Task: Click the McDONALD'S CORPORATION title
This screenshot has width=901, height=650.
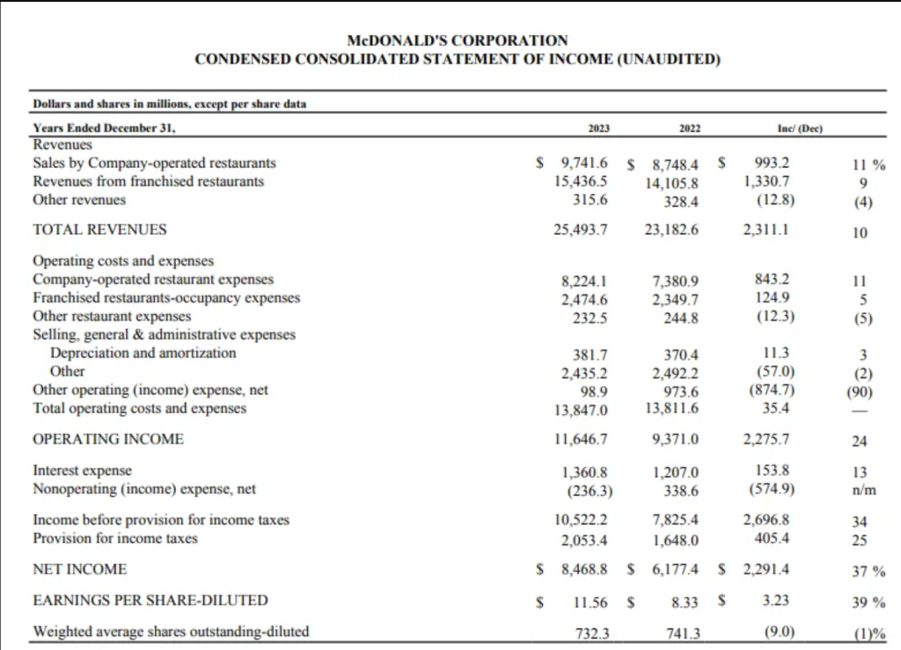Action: [x=458, y=40]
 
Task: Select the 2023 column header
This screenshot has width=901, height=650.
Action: [x=598, y=128]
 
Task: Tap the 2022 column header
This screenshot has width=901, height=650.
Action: [x=690, y=128]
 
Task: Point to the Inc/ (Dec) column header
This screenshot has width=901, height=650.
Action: [x=800, y=128]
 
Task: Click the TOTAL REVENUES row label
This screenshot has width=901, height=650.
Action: [x=100, y=230]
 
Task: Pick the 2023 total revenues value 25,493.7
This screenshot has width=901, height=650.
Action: [x=581, y=230]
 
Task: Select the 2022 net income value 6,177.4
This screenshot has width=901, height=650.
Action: [x=675, y=570]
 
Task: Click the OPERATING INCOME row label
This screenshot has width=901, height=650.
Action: [x=108, y=439]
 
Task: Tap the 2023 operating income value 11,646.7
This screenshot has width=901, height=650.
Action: [x=581, y=439]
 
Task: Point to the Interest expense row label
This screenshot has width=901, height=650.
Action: [x=82, y=471]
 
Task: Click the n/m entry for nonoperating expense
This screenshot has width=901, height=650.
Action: [x=864, y=491]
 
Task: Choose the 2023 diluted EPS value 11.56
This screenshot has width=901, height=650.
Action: [x=590, y=603]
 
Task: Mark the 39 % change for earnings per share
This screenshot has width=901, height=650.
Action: [x=868, y=603]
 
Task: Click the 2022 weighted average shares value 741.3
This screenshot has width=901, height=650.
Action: [x=683, y=633]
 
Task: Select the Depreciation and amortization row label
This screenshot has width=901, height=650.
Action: [x=143, y=353]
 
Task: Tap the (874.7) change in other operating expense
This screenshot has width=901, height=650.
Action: [x=772, y=391]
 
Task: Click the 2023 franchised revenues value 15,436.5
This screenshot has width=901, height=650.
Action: [x=581, y=181]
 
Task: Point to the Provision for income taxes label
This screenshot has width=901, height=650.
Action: [x=115, y=538]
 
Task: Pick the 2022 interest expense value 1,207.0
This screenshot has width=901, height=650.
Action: [x=675, y=472]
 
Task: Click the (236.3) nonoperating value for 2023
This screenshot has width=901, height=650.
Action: [x=590, y=492]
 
